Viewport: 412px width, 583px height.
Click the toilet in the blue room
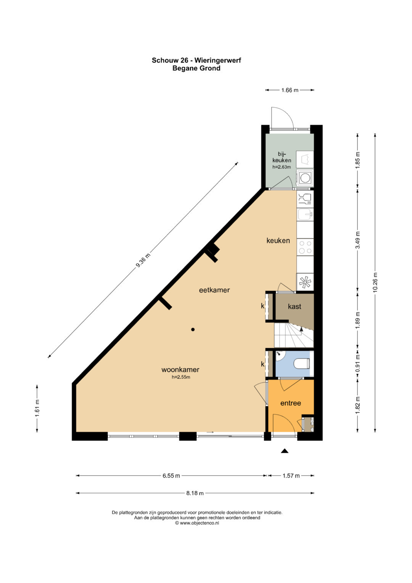(x=302, y=363)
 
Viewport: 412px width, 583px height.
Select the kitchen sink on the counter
(x=305, y=215)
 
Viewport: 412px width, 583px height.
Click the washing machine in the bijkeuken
(x=305, y=178)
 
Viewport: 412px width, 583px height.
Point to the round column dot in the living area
(x=193, y=329)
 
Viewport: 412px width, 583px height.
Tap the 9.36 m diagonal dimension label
(x=143, y=260)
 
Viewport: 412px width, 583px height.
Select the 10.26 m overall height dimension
(x=375, y=282)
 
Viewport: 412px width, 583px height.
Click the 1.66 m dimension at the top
(x=290, y=90)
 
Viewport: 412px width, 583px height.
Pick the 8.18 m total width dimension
(x=195, y=493)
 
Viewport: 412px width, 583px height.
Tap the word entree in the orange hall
(x=291, y=403)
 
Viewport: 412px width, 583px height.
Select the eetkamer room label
(x=214, y=290)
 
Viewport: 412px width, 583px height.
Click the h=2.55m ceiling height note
(x=181, y=377)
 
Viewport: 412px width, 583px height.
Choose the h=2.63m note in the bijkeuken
(x=282, y=167)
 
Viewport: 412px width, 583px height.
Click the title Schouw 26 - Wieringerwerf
(x=196, y=60)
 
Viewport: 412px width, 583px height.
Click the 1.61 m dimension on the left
(x=37, y=409)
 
